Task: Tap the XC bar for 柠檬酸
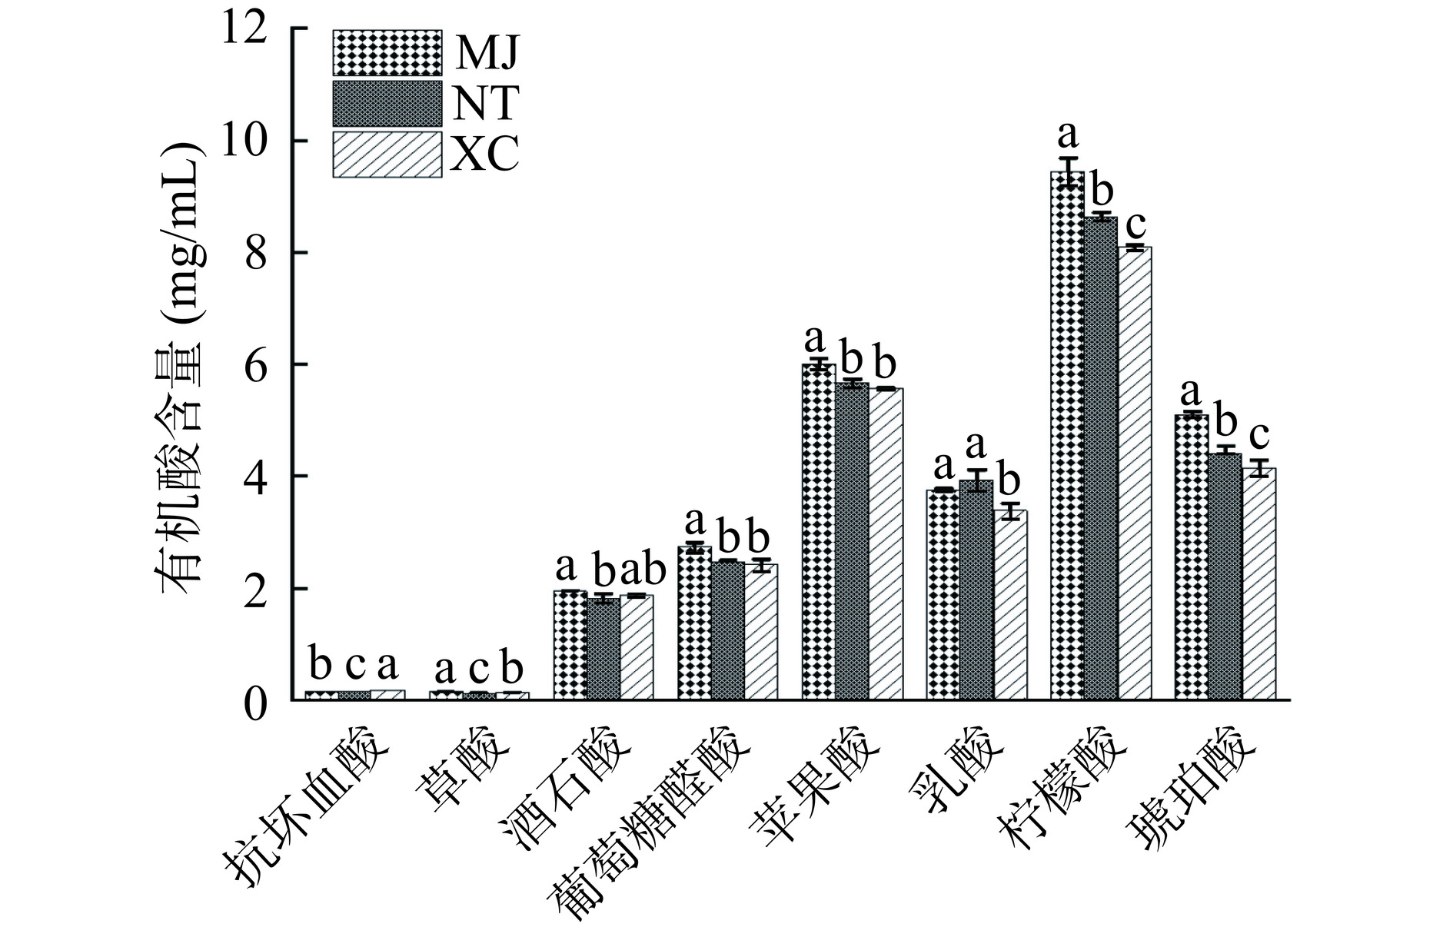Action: pos(1134,473)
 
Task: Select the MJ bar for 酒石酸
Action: pos(570,645)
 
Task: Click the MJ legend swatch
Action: pos(387,52)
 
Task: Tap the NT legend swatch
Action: pos(387,104)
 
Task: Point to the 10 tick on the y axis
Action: pos(292,141)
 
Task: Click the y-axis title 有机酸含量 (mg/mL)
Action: pos(180,365)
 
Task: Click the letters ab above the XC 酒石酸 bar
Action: pos(641,570)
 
